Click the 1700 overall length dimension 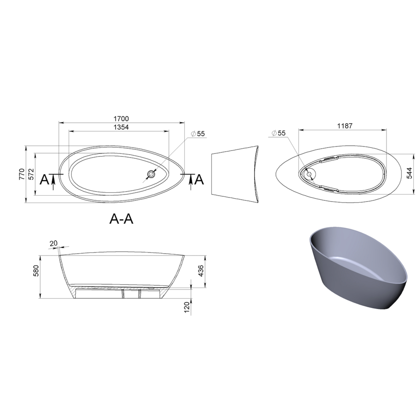[122, 119]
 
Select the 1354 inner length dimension [121, 127]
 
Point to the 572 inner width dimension [31, 174]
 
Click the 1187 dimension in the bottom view [345, 126]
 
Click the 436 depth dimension [201, 271]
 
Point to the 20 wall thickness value [54, 243]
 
